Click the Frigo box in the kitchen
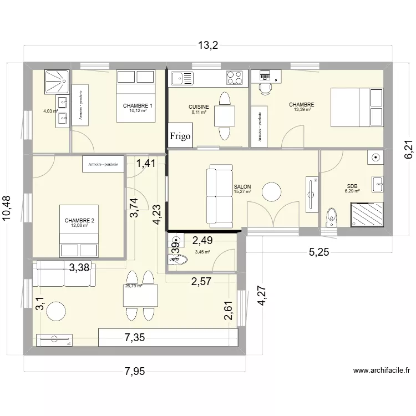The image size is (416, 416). click(181, 135)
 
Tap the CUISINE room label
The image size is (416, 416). click(199, 106)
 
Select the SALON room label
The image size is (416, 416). click(242, 187)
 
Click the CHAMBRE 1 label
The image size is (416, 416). click(138, 106)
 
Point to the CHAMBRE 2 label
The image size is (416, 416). click(79, 221)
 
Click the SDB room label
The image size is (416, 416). click(352, 186)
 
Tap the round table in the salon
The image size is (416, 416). click(272, 192)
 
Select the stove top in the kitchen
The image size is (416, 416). click(235, 78)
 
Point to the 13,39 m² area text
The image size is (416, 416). click(301, 110)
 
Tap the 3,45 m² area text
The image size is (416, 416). click(202, 252)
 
